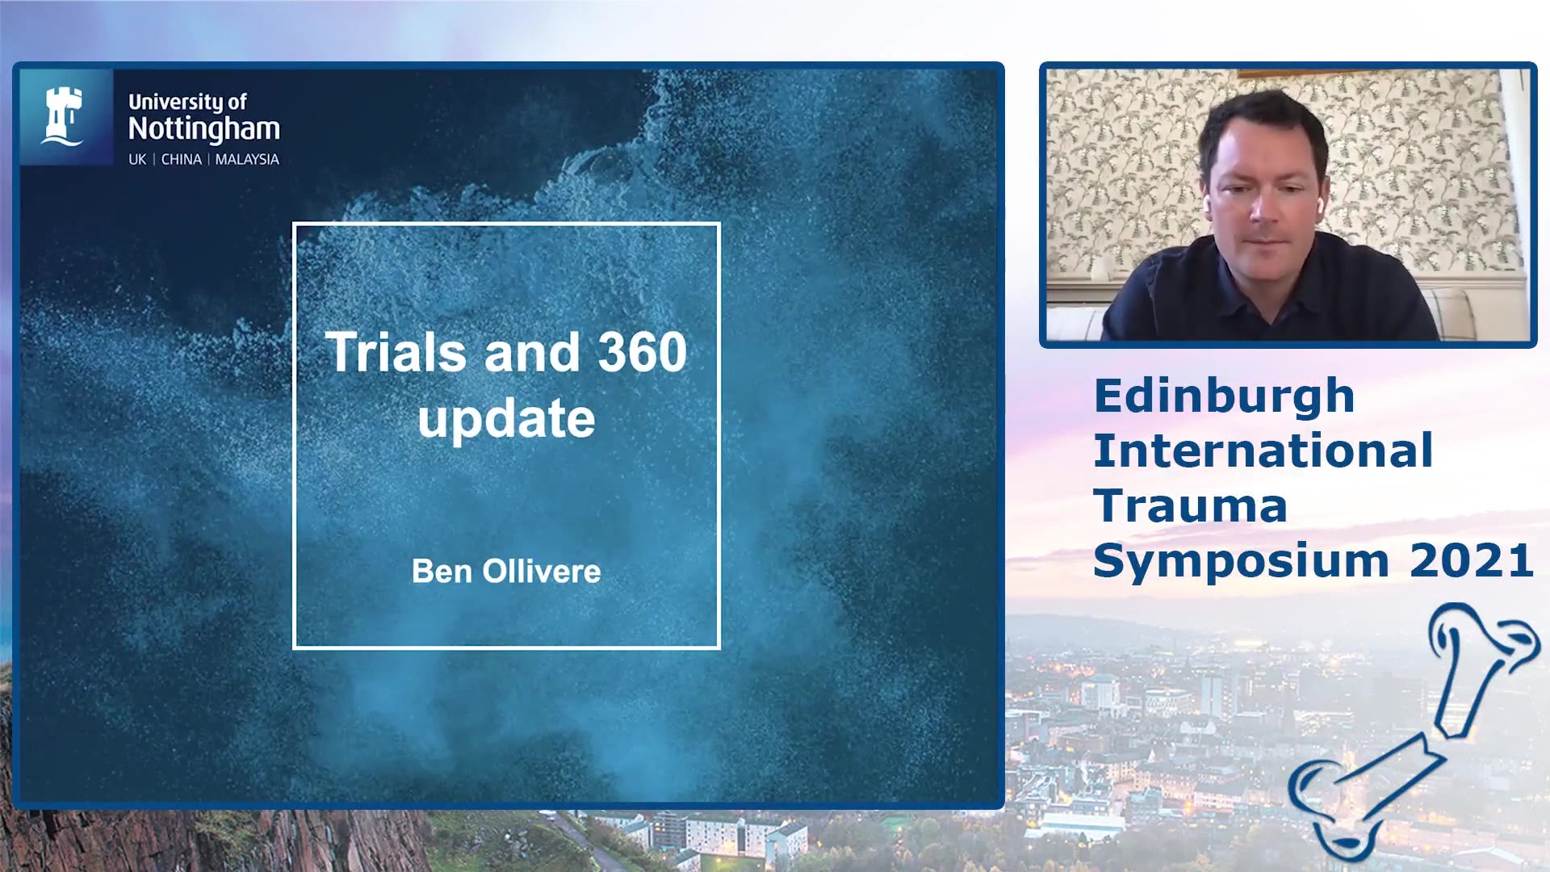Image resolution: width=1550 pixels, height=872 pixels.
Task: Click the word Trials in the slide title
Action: point(396,352)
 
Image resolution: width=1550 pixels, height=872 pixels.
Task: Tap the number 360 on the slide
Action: point(642,352)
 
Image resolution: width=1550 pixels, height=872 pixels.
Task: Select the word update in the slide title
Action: point(506,420)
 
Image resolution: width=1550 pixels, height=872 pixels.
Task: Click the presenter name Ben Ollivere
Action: point(506,572)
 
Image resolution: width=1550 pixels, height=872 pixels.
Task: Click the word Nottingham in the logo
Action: point(204,129)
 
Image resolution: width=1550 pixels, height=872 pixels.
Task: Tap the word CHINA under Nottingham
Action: point(181,160)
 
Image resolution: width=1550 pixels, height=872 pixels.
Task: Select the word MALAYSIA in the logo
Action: point(247,160)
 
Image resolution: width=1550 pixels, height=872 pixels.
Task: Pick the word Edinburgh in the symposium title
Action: point(1224,396)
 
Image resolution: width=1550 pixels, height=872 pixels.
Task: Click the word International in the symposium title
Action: point(1263,451)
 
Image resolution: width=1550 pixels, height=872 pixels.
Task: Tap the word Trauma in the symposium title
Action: point(1190,506)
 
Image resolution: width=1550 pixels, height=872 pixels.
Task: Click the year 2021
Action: point(1472,560)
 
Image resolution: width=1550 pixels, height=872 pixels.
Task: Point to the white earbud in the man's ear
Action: point(1320,207)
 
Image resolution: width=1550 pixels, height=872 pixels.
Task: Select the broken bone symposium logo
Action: point(1414,731)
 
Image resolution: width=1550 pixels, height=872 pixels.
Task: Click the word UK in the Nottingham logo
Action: point(137,160)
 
